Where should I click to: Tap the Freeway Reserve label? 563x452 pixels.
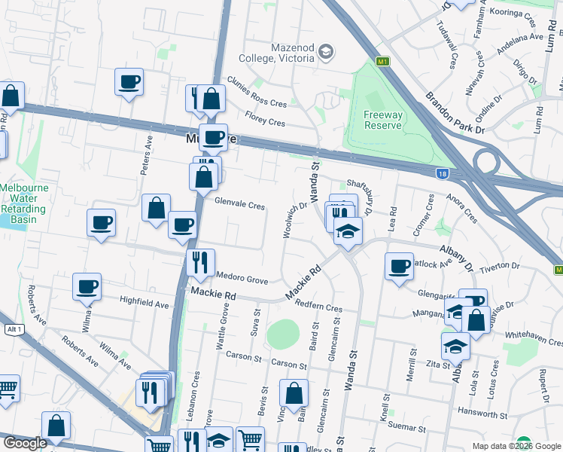click(x=383, y=120)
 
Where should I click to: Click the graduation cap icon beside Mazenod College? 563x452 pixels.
click(x=326, y=51)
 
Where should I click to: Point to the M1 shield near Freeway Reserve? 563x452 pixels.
click(x=383, y=61)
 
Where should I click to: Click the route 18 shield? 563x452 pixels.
click(x=443, y=174)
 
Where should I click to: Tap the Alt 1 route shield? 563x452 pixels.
click(x=13, y=329)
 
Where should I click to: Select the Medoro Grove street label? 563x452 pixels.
click(x=242, y=279)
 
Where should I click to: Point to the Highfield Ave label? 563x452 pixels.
click(x=145, y=303)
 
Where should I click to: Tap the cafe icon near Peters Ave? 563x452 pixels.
click(x=129, y=81)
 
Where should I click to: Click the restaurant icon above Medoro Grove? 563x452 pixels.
click(x=200, y=261)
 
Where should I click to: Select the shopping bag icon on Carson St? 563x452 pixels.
click(x=294, y=392)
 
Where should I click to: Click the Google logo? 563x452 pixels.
click(x=25, y=444)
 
